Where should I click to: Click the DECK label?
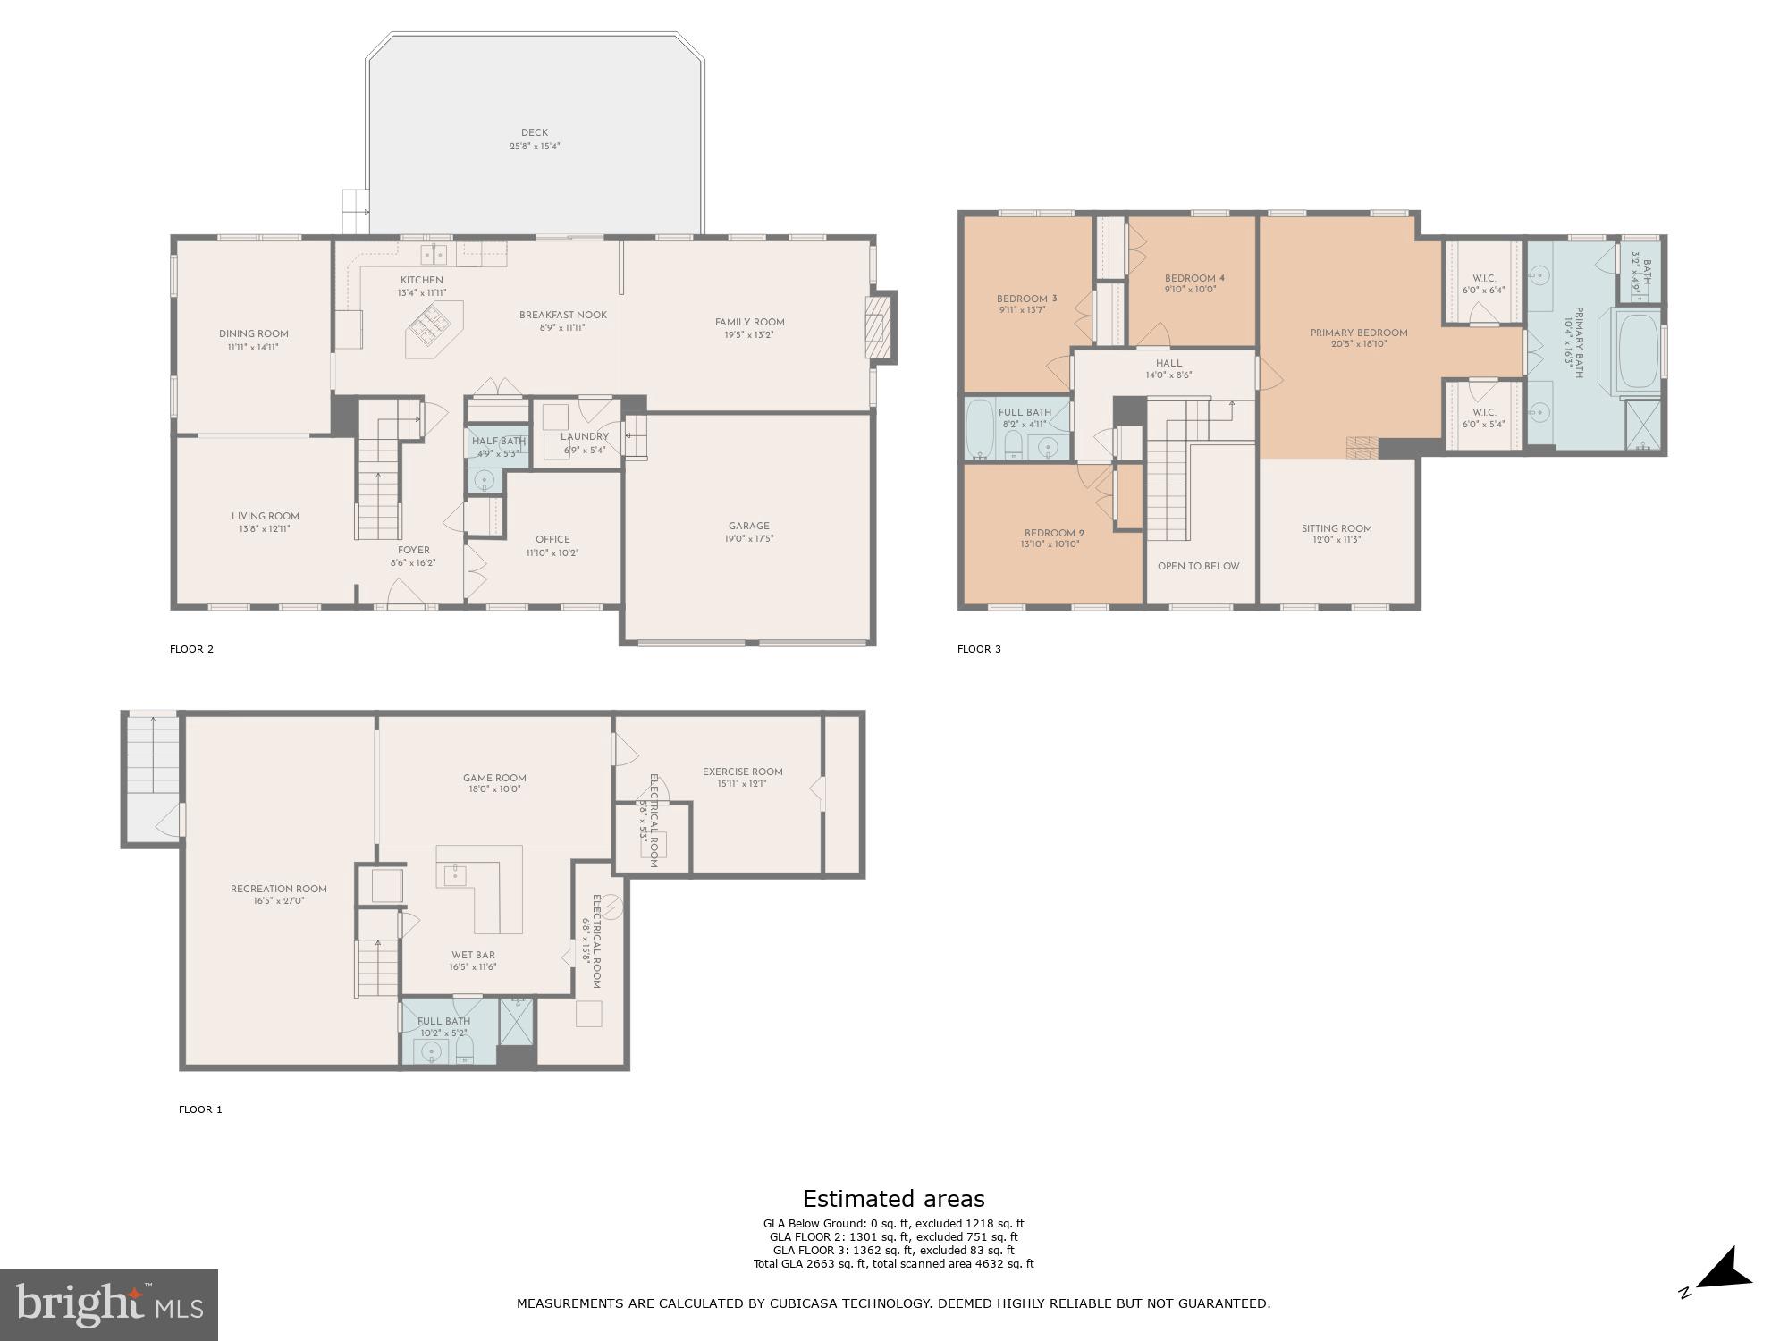(534, 132)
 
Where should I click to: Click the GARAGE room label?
(748, 526)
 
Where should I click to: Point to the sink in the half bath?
(485, 480)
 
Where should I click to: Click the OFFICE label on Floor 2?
(552, 539)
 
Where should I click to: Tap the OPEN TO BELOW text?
(1198, 566)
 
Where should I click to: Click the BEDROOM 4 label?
(1194, 278)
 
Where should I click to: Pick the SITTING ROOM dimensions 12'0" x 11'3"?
(1337, 540)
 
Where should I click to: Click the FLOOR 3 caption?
(979, 649)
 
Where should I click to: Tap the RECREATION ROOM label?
(278, 889)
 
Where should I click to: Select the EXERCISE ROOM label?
(742, 772)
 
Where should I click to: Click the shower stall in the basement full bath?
(517, 1020)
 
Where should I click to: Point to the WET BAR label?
(473, 955)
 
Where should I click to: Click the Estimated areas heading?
(893, 1199)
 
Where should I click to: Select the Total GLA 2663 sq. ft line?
(893, 1263)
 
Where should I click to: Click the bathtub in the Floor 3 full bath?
(980, 429)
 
